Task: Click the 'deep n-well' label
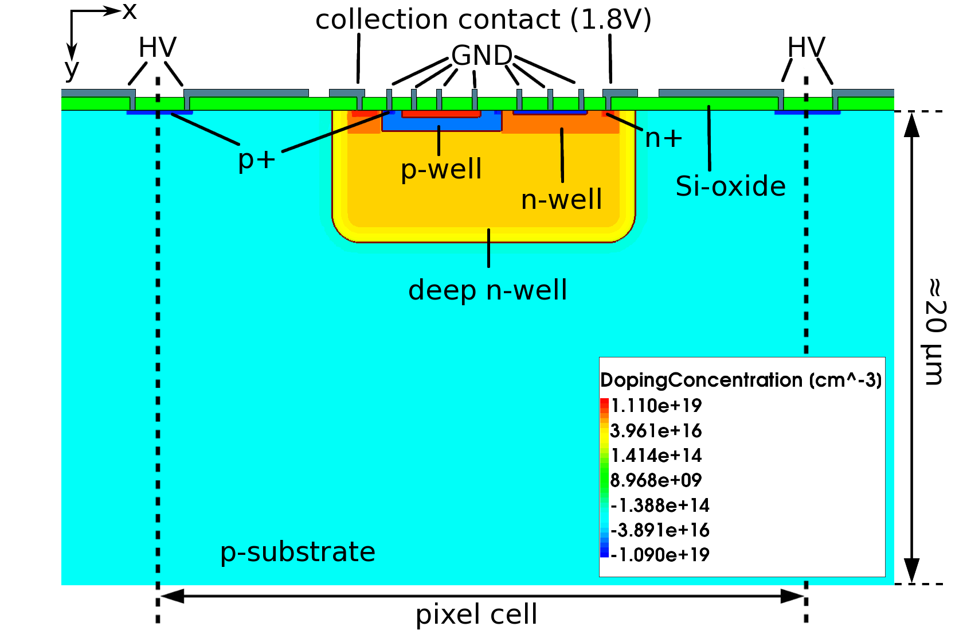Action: pos(487,290)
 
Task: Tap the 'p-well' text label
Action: pos(441,169)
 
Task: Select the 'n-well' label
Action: pos(561,200)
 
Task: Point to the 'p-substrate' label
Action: pos(297,552)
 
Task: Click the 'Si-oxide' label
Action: pos(730,186)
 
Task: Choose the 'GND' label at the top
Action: pos(481,56)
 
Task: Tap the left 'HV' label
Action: pos(157,48)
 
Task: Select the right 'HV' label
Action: pos(806,48)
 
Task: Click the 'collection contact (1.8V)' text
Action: pos(483,20)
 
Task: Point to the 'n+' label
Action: pos(664,138)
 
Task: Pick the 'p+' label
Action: pos(256,160)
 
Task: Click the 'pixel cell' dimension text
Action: pos(476,615)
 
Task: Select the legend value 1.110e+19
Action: pos(656,406)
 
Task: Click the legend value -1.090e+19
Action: pos(660,555)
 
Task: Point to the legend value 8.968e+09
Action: pos(656,480)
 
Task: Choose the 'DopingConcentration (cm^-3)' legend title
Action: pos(741,380)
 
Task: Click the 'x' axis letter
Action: pos(130,11)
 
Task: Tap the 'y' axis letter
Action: pos(72,70)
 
